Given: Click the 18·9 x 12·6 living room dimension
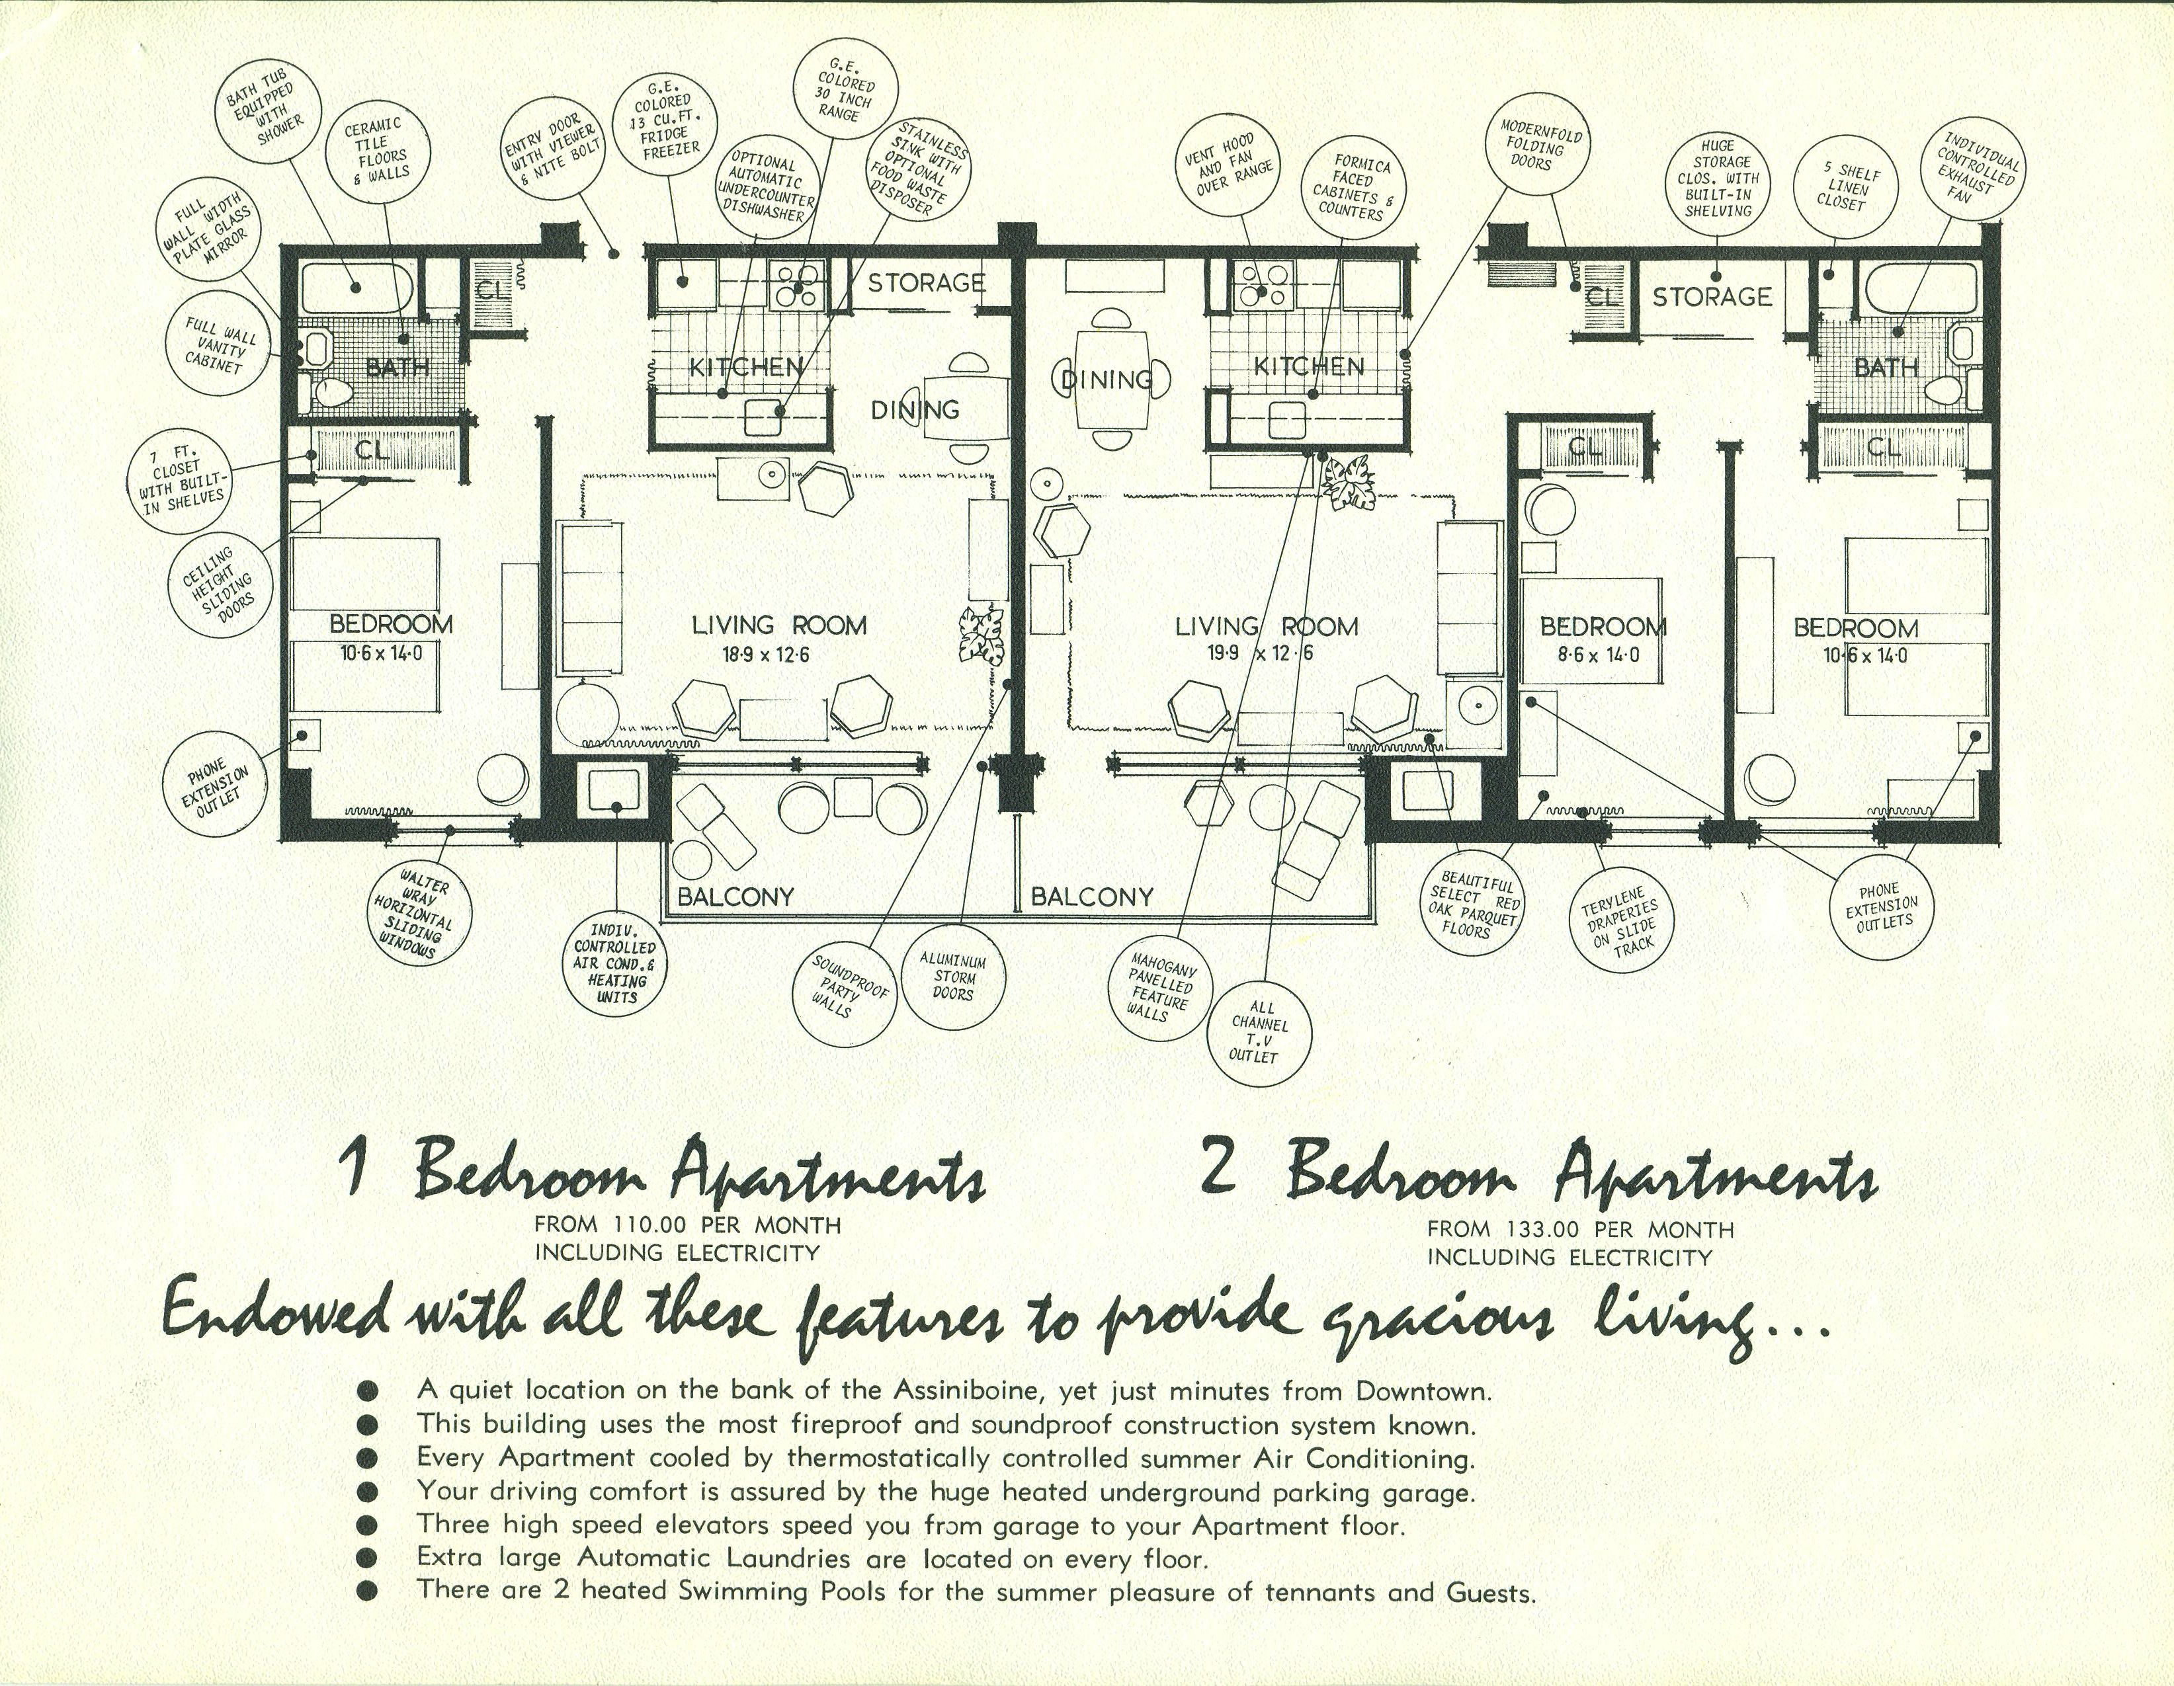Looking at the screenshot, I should point(779,655).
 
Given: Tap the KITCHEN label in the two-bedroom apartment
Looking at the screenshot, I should point(1308,366).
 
